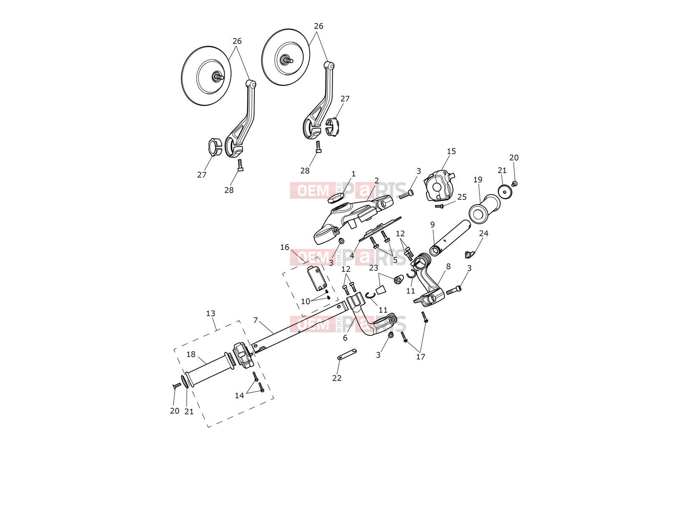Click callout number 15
[x=451, y=152]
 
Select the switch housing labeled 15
[x=439, y=185]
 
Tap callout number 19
[x=478, y=180]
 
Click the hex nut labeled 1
[x=335, y=198]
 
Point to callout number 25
[x=462, y=197]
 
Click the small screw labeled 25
[x=439, y=206]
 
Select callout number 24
[x=483, y=233]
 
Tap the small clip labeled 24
[x=470, y=254]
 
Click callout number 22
[x=337, y=378]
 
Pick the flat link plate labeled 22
[x=347, y=355]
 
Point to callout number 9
[x=432, y=225]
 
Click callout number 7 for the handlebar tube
[x=256, y=320]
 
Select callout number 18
[x=191, y=355]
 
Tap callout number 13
[x=211, y=314]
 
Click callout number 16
[x=285, y=247]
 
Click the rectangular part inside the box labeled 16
[x=317, y=278]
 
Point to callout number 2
[x=376, y=181]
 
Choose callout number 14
[x=239, y=395]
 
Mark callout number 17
[x=420, y=357]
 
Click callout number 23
[x=373, y=268]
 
